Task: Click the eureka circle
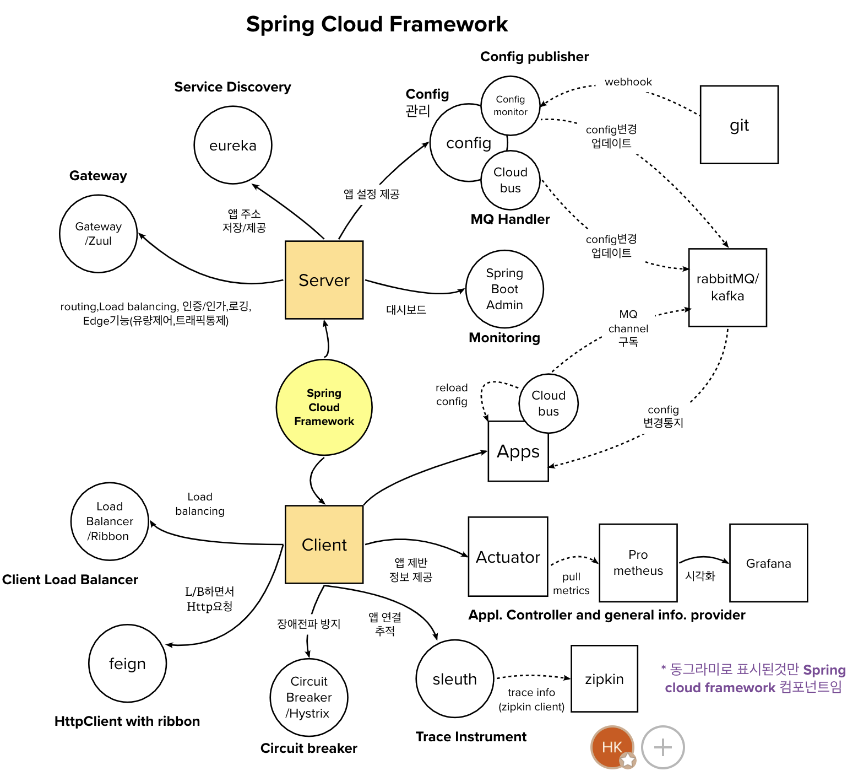coord(233,145)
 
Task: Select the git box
coord(739,125)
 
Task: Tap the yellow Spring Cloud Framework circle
coord(324,407)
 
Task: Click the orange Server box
coord(324,280)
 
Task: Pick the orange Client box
coord(324,545)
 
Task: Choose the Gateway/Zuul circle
coord(98,234)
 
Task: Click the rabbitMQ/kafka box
coord(727,288)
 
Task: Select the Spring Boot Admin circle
coord(504,289)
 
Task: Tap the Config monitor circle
coord(510,106)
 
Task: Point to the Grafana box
coord(768,563)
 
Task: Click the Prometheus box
coord(638,563)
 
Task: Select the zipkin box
coord(604,678)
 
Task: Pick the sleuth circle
coord(455,678)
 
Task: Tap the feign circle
coord(127,663)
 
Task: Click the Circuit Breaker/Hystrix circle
coord(309,697)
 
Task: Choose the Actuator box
coord(508,557)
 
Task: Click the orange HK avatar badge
coord(612,747)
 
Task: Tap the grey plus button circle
coord(662,747)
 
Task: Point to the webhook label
coord(628,82)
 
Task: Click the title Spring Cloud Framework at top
coord(377,24)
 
